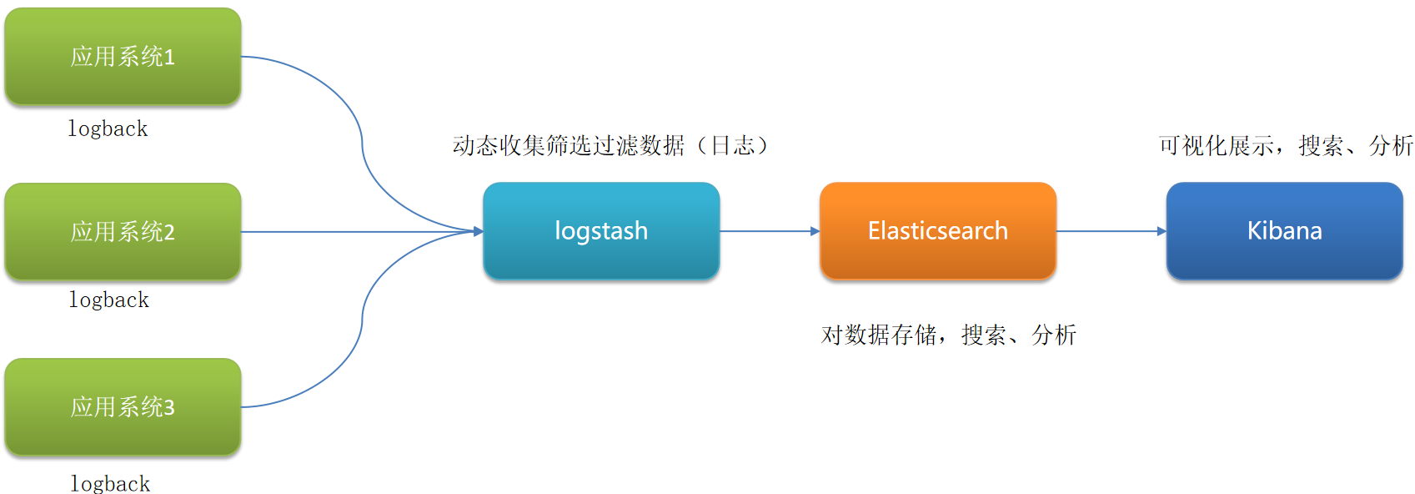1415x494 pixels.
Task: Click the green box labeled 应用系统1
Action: (x=123, y=56)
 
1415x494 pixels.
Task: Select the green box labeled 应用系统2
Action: (x=123, y=231)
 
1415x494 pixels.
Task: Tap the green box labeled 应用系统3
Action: (x=123, y=406)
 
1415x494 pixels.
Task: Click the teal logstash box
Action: (x=601, y=230)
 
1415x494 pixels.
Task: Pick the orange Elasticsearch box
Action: (x=938, y=230)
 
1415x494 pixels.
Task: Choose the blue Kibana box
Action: (x=1284, y=230)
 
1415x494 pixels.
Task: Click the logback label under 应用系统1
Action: (x=108, y=129)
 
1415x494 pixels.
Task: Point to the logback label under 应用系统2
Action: (x=108, y=300)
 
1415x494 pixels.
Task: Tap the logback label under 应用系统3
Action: (x=110, y=483)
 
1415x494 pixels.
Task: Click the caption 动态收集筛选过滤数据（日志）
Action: (x=610, y=145)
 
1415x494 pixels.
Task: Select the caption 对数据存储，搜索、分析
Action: (x=949, y=335)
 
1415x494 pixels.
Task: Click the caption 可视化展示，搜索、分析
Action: (x=1286, y=145)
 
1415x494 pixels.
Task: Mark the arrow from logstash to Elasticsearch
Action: (x=769, y=231)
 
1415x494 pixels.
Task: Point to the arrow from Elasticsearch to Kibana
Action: (x=1111, y=231)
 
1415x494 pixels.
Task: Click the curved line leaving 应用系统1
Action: (x=362, y=142)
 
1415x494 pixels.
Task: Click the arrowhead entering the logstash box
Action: (x=479, y=231)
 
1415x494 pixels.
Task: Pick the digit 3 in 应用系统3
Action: (x=169, y=407)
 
